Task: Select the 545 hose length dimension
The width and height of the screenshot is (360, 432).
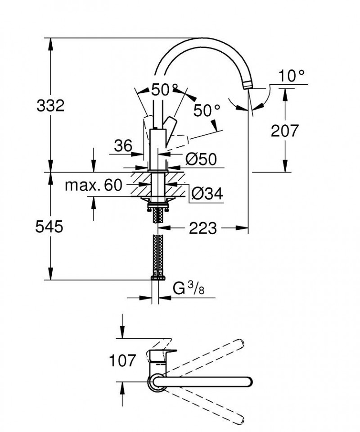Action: tap(49, 227)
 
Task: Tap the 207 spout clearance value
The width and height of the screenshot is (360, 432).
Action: tap(285, 131)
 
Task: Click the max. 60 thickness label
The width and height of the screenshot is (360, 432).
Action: tap(94, 185)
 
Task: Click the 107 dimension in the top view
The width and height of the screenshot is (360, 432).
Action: tap(122, 360)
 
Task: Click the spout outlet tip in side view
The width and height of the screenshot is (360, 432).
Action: tap(247, 86)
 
